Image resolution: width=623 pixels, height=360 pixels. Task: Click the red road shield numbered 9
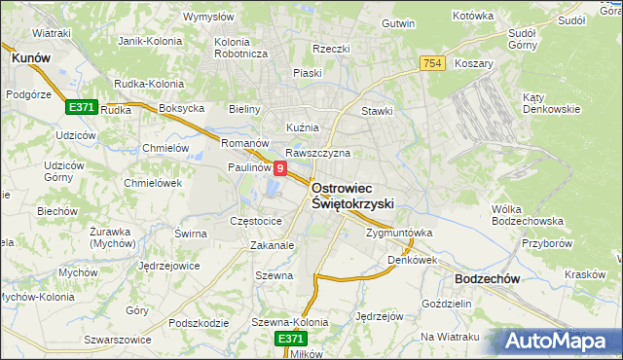point(280,169)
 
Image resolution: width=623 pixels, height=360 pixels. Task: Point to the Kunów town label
point(30,58)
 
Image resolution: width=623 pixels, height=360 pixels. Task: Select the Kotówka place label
point(474,16)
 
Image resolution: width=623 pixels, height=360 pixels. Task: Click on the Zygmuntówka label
point(398,234)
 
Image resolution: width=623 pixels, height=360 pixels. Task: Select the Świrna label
point(191,234)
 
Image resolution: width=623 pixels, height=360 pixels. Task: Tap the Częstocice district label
point(255,222)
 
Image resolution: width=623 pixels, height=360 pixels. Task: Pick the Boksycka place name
point(180,108)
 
